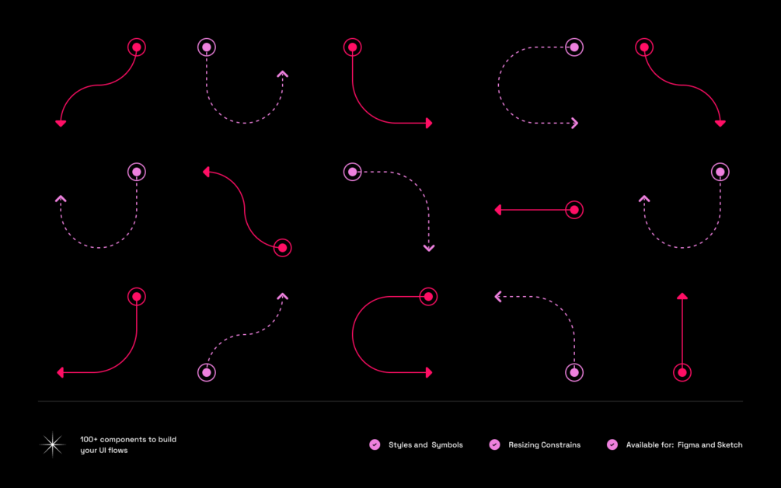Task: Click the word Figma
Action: [x=689, y=445]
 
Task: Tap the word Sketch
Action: [x=729, y=445]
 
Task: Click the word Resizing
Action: [x=525, y=445]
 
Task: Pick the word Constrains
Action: [x=562, y=445]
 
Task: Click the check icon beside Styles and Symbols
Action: [x=375, y=444]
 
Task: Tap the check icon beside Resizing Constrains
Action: [x=494, y=444]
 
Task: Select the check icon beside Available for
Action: [x=612, y=444]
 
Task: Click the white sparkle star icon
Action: [x=52, y=444]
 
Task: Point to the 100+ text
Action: [x=89, y=440]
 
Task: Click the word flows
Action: [x=118, y=451]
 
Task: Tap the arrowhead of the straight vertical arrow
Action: [x=682, y=296]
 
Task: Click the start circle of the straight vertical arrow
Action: [x=682, y=373]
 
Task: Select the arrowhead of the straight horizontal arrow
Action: [x=498, y=210]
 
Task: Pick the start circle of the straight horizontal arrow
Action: [x=574, y=210]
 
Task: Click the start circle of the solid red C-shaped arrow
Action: [x=428, y=296]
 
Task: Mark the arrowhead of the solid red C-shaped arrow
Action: [x=428, y=373]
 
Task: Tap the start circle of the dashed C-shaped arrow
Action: [x=574, y=47]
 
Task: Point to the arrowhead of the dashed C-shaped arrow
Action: [x=575, y=123]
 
